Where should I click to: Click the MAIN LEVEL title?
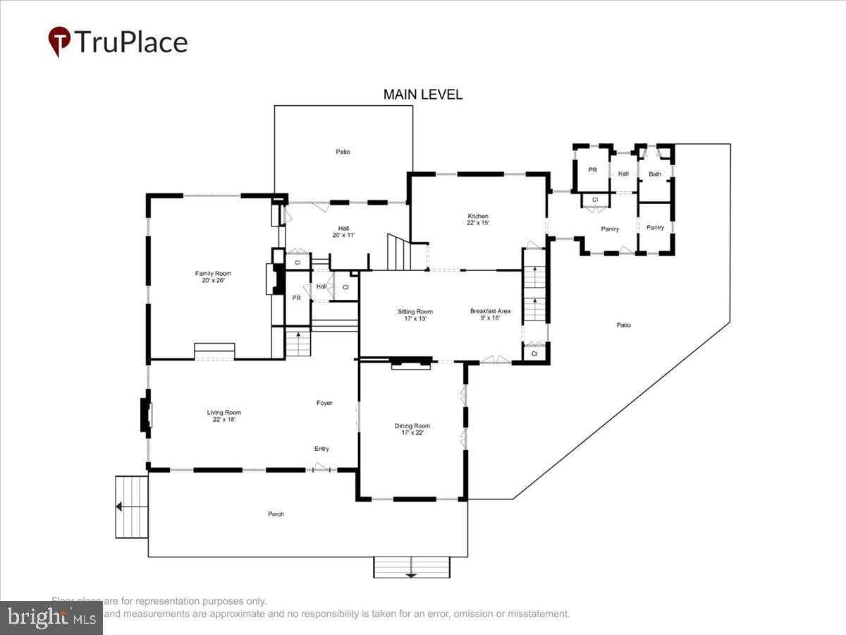(x=422, y=95)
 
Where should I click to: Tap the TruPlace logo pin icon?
(x=59, y=42)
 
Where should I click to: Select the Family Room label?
(x=213, y=277)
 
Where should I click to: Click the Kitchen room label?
(x=478, y=219)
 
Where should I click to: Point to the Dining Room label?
(x=412, y=429)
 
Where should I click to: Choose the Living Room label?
(x=223, y=416)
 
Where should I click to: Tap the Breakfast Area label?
(x=490, y=315)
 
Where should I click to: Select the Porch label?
(x=276, y=514)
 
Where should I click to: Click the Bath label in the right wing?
(x=655, y=174)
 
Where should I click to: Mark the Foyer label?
(x=324, y=403)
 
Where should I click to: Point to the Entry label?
(x=321, y=449)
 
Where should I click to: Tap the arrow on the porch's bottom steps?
(x=411, y=574)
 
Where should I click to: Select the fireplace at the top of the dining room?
(x=411, y=363)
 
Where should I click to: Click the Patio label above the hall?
(x=343, y=152)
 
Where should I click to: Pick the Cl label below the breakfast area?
(x=534, y=353)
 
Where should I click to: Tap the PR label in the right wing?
(x=592, y=170)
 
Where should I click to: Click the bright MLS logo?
(x=51, y=617)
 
